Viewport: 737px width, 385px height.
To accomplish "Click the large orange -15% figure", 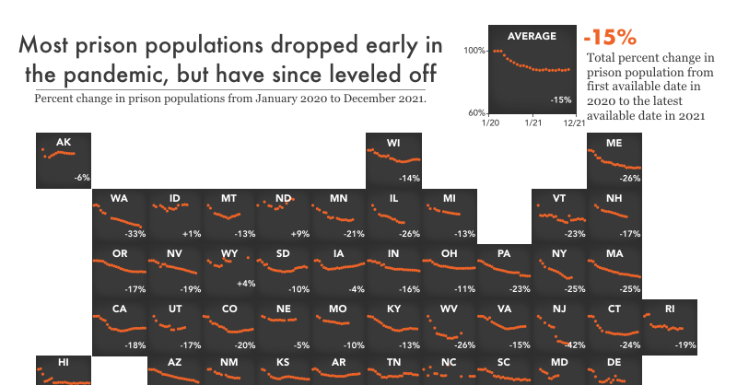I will point(609,38).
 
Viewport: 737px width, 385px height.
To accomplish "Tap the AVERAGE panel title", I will point(532,36).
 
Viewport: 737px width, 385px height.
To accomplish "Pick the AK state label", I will point(64,142).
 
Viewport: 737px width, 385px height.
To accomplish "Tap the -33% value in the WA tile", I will point(135,233).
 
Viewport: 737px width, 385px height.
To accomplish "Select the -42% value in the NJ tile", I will point(576,344).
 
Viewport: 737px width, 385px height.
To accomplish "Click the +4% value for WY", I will point(246,283).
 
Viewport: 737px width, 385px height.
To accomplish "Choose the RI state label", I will point(670,309).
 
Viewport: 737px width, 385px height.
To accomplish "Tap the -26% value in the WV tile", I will point(465,344).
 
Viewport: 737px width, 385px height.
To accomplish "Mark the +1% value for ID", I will point(192,233).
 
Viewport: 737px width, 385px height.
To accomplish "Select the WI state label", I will point(393,142).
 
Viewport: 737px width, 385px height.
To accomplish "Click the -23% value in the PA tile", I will point(521,289).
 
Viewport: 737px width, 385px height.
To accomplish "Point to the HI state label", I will point(64,363).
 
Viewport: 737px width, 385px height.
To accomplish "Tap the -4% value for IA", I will point(357,289).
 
